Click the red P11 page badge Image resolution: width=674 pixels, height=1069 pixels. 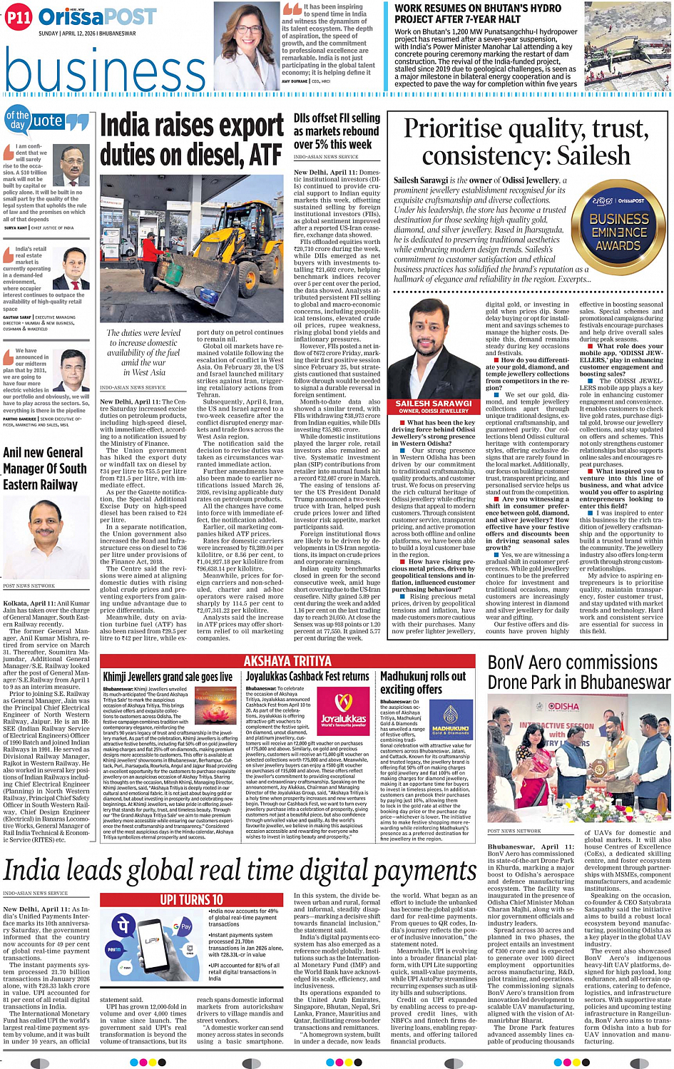(x=19, y=18)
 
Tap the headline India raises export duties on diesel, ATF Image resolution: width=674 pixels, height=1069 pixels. (x=191, y=140)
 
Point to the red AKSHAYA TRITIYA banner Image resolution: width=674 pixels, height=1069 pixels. (x=287, y=661)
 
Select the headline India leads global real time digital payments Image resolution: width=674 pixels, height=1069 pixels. (x=240, y=871)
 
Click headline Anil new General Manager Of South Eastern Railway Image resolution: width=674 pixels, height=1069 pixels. (x=45, y=469)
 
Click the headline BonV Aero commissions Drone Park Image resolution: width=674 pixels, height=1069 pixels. (x=578, y=672)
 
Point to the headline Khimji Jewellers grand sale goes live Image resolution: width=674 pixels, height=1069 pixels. (x=168, y=677)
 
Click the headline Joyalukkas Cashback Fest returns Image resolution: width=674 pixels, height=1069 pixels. (x=307, y=676)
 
